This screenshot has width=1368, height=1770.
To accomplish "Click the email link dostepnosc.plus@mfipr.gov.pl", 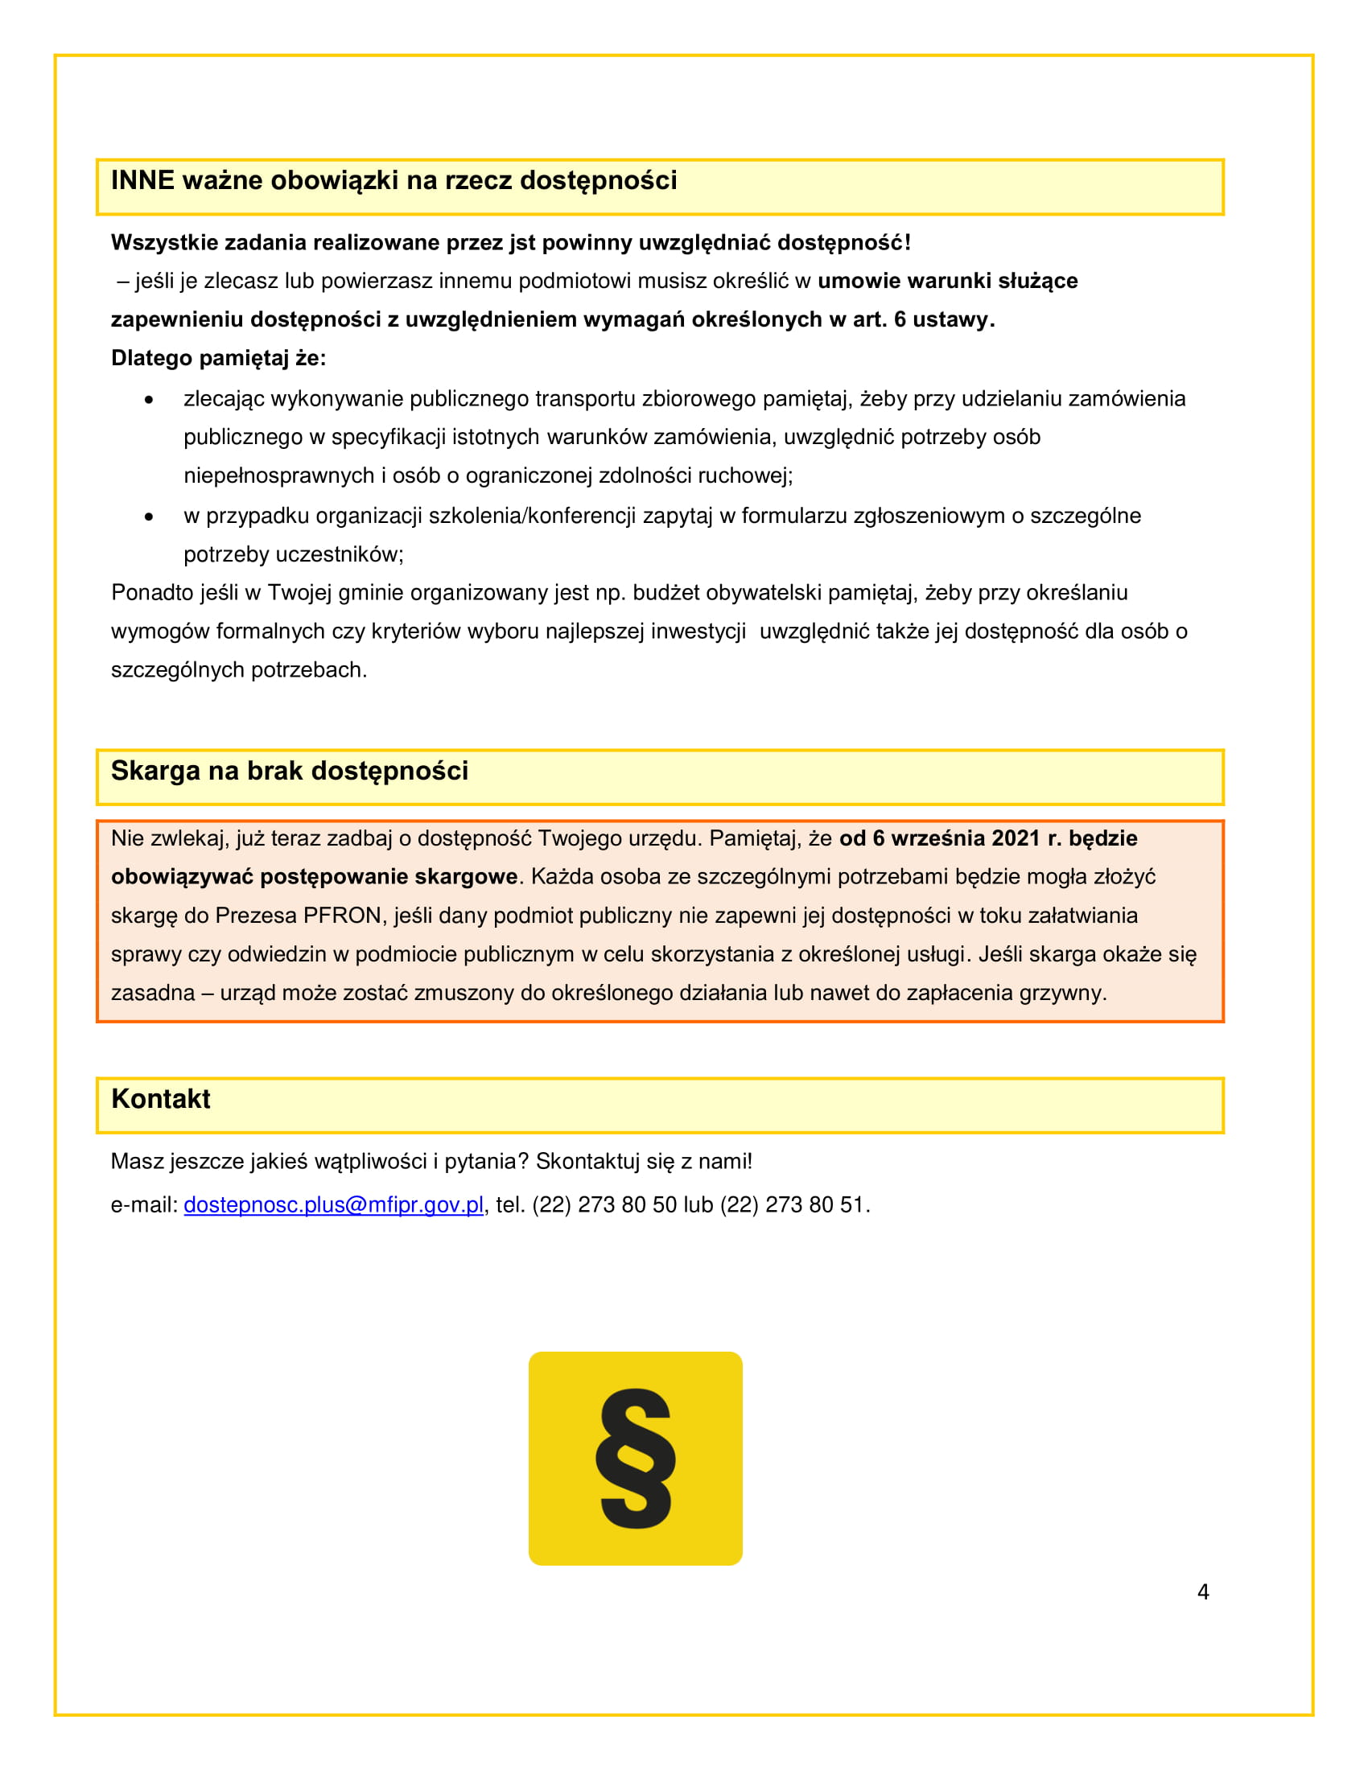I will [x=333, y=1205].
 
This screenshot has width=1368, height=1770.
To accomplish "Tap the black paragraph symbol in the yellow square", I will [x=636, y=1459].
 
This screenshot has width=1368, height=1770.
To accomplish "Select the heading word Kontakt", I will [x=160, y=1099].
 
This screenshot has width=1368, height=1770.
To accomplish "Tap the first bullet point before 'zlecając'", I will [x=149, y=400].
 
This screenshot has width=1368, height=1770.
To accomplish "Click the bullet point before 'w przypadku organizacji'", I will [x=149, y=517].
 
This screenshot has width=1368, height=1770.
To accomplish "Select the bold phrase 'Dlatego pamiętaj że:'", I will [x=218, y=358].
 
